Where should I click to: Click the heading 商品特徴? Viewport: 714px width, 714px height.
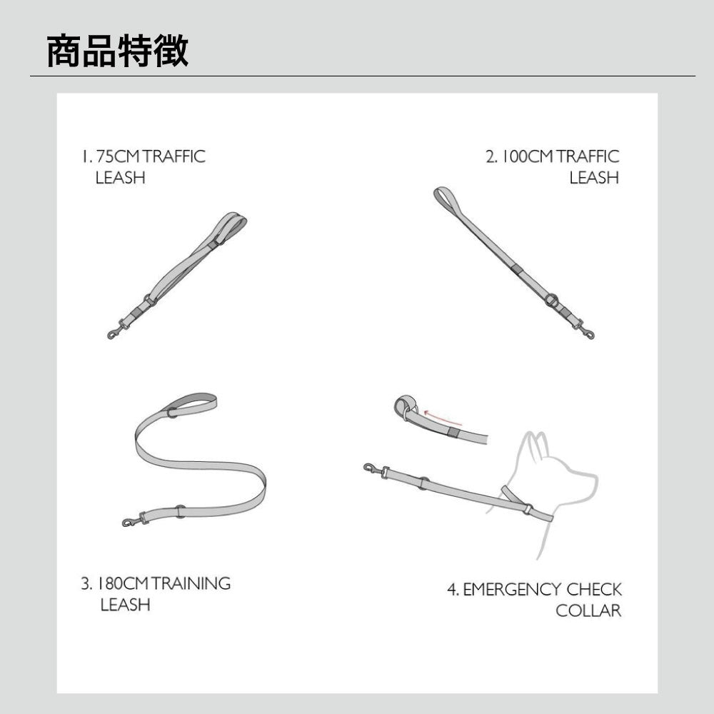pyautogui.click(x=118, y=51)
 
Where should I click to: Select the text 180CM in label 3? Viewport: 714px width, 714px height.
pyautogui.click(x=122, y=583)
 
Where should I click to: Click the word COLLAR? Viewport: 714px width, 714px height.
pyautogui.click(x=588, y=610)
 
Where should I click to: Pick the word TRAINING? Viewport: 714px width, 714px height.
pyautogui.click(x=191, y=583)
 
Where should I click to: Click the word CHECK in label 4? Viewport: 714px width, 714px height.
pyautogui.click(x=594, y=590)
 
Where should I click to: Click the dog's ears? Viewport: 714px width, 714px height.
pyautogui.click(x=536, y=445)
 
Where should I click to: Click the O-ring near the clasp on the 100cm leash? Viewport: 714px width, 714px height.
pyautogui.click(x=552, y=301)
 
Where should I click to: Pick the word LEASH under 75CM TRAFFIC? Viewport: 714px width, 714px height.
pyautogui.click(x=120, y=178)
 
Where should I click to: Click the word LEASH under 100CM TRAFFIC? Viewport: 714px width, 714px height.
pyautogui.click(x=594, y=178)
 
